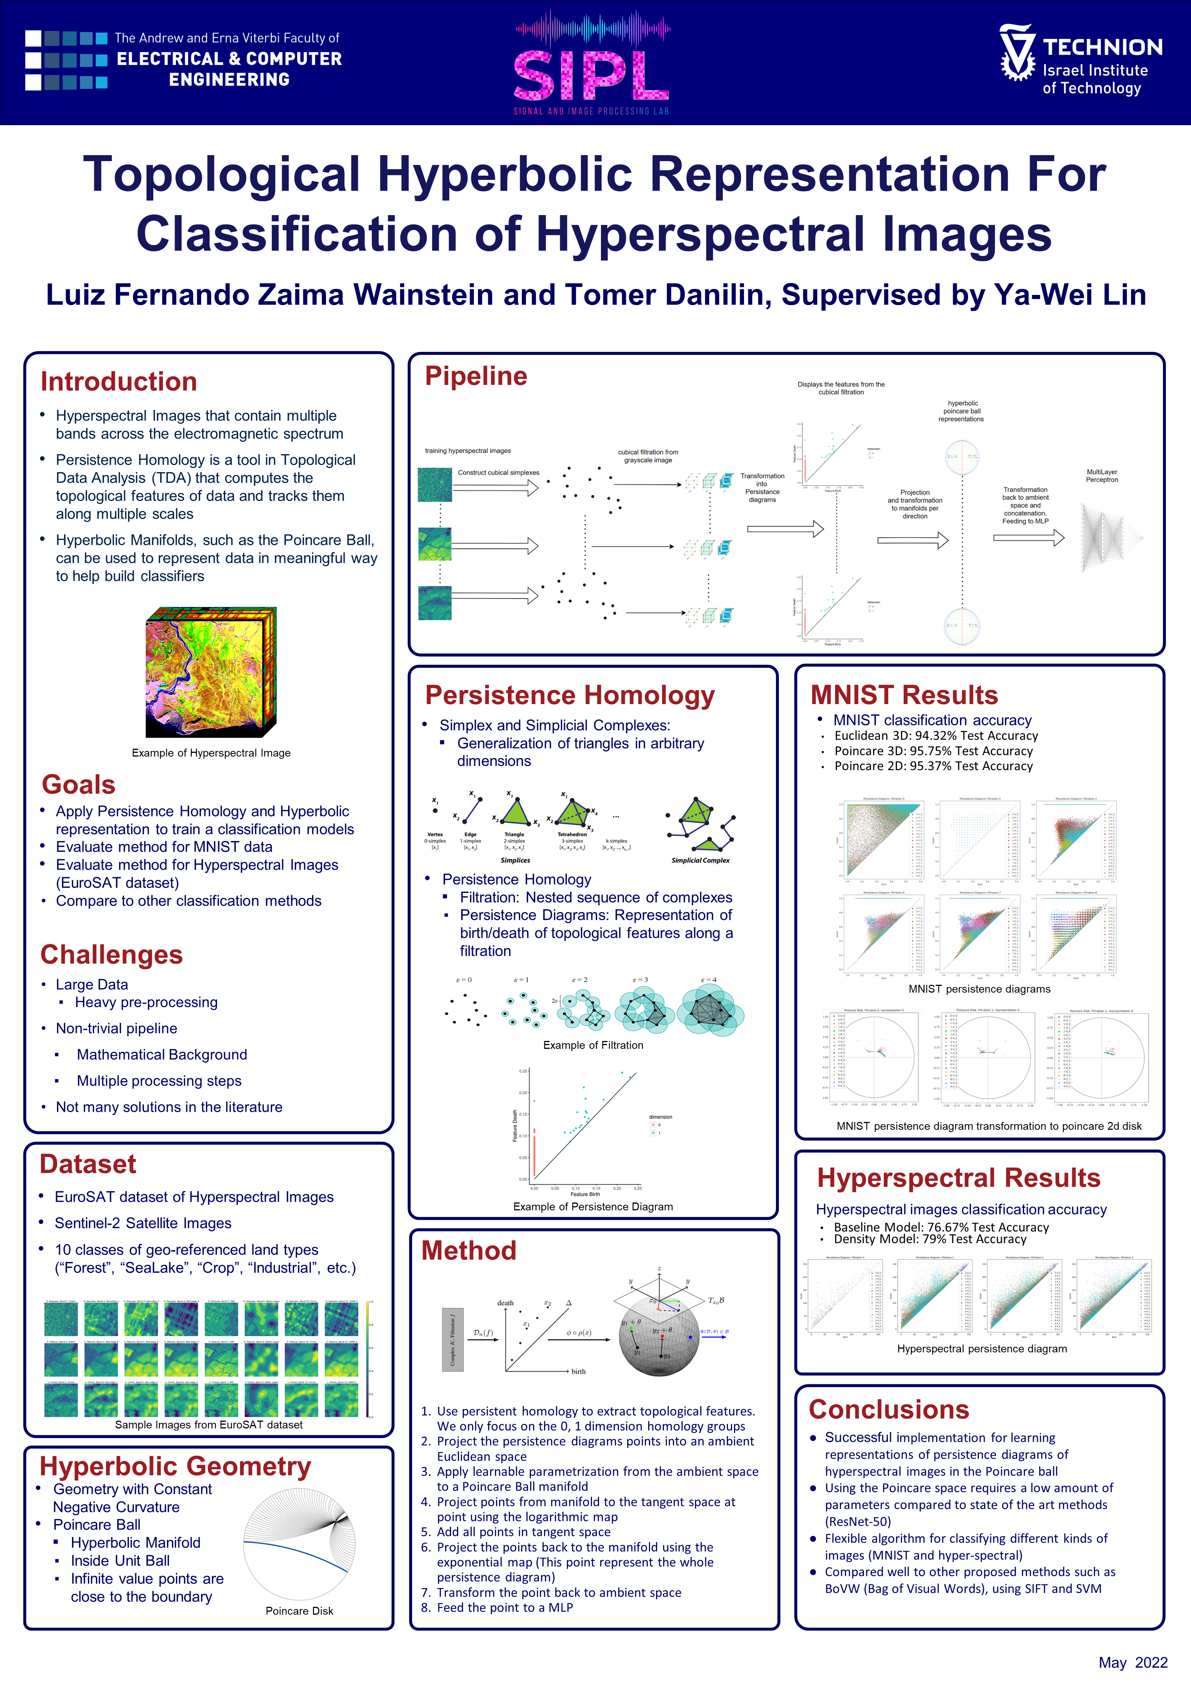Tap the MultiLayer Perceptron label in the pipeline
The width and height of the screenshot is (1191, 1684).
1101,476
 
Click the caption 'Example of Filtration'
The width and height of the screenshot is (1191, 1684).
593,1045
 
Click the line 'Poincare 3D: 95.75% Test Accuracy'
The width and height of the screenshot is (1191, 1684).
933,751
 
